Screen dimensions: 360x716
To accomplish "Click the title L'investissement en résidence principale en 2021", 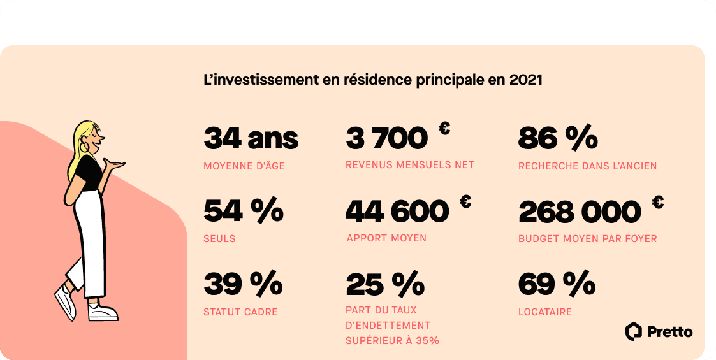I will click(x=372, y=81).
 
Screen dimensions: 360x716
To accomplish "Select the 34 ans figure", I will click(x=251, y=138).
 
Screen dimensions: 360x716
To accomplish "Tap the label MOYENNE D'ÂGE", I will click(x=244, y=166).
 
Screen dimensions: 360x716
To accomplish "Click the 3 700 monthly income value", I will click(x=386, y=138).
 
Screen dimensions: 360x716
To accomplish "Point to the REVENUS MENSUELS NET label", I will click(x=410, y=165).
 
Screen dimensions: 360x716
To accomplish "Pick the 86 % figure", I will click(x=558, y=138).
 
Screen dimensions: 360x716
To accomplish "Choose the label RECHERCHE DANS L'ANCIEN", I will click(x=587, y=166).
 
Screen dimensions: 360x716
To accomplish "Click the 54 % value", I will click(x=243, y=212).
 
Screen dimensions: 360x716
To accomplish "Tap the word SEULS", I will click(x=219, y=239).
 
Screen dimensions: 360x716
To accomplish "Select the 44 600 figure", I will click(x=397, y=212).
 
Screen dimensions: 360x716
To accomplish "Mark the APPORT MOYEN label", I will click(x=386, y=238).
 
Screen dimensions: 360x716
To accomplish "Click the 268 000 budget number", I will click(x=580, y=212).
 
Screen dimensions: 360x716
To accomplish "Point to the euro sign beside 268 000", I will click(x=657, y=203).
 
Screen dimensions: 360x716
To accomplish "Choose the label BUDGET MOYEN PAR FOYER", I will click(x=587, y=239).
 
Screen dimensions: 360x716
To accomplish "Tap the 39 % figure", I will click(x=243, y=284).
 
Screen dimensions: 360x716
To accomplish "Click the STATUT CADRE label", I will click(x=240, y=312).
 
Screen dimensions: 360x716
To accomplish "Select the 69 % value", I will click(x=557, y=284).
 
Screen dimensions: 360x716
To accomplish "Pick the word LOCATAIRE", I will click(x=544, y=312).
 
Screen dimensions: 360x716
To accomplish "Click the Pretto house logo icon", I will click(x=633, y=331).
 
